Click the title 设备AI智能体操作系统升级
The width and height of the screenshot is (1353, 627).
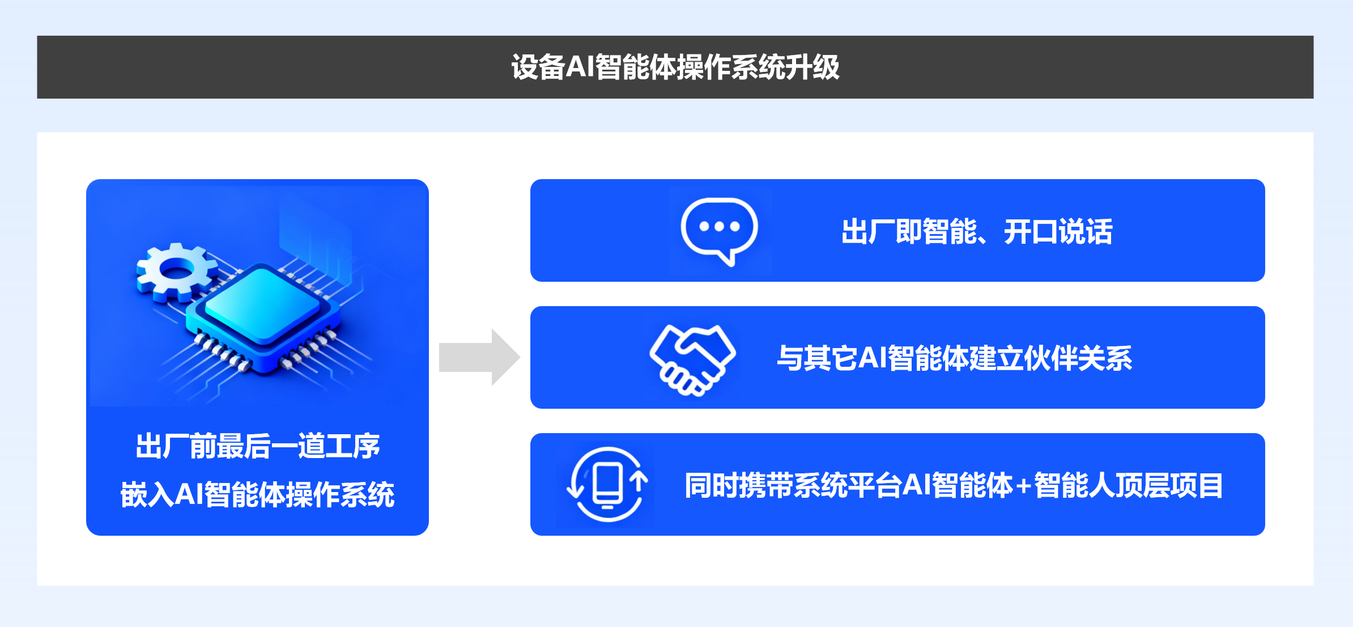[675, 67]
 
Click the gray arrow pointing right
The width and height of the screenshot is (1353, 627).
[479, 357]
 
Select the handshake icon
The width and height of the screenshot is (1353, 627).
[692, 359]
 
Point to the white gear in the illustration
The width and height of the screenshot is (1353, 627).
[176, 272]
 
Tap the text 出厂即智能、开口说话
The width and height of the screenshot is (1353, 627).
[976, 232]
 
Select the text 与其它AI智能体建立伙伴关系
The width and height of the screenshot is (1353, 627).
[954, 358]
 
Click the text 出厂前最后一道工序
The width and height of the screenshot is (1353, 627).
[258, 446]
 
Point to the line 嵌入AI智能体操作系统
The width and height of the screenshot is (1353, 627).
[257, 494]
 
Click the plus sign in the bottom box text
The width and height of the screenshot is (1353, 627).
[1023, 486]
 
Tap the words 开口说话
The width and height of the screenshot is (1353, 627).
[1058, 232]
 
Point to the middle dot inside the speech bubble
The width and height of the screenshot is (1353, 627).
[719, 226]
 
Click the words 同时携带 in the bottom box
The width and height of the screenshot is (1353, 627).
[739, 486]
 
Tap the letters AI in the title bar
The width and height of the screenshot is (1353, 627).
[580, 67]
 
